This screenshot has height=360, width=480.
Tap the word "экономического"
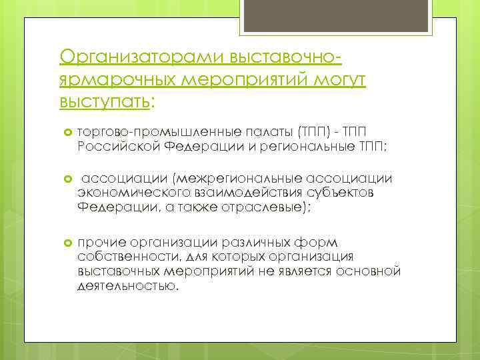coord(127,193)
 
